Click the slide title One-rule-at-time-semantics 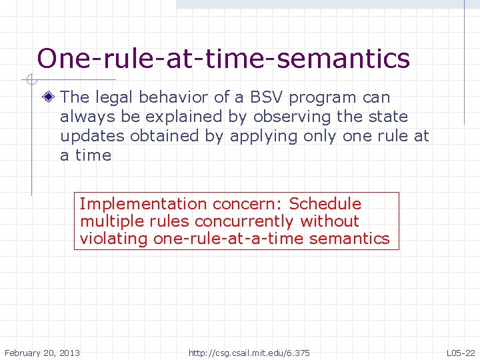pos(223,59)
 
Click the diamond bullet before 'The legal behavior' pos(49,97)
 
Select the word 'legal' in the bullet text pos(114,97)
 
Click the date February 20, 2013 pos(42,352)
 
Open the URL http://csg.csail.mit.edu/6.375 pos(249,352)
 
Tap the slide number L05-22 pos(461,352)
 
